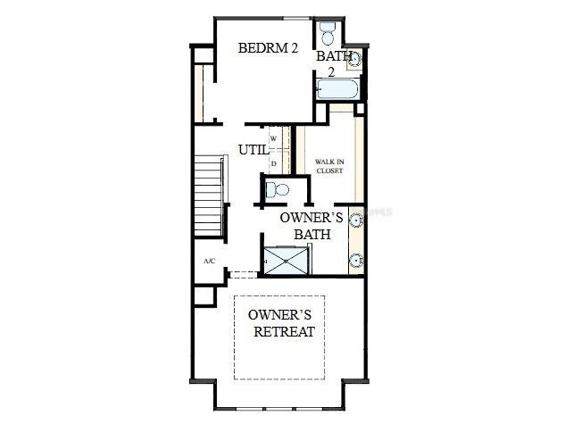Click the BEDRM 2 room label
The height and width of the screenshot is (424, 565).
pyautogui.click(x=267, y=48)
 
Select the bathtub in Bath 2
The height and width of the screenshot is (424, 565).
pyautogui.click(x=337, y=89)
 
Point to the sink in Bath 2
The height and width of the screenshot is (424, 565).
pyautogui.click(x=354, y=60)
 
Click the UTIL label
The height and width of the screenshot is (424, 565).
pyautogui.click(x=253, y=150)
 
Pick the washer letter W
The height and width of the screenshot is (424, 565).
pyautogui.click(x=273, y=139)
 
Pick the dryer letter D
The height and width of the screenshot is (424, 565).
pyautogui.click(x=273, y=163)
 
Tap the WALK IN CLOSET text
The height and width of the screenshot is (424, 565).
pyautogui.click(x=329, y=166)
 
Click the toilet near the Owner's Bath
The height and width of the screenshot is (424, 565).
pyautogui.click(x=277, y=189)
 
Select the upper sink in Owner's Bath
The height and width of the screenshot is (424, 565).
pyautogui.click(x=356, y=219)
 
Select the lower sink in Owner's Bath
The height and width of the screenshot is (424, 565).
pyautogui.click(x=356, y=261)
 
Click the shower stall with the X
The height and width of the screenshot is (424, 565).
pyautogui.click(x=287, y=259)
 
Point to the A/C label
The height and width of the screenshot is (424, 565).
pyautogui.click(x=209, y=261)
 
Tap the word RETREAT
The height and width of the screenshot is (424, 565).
pyautogui.click(x=284, y=332)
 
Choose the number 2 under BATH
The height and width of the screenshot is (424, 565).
pyautogui.click(x=329, y=71)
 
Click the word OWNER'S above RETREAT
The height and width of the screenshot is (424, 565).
pyautogui.click(x=278, y=315)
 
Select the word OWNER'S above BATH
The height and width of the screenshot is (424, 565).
pyautogui.click(x=311, y=217)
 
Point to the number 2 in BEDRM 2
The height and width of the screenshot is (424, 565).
pyautogui.click(x=294, y=48)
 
